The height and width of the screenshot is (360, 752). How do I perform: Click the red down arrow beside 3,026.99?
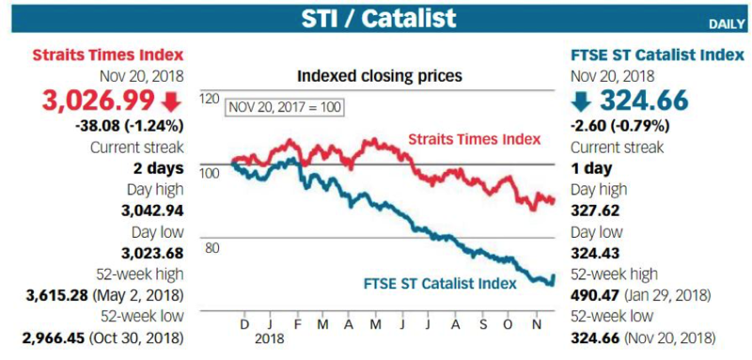[172, 100]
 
